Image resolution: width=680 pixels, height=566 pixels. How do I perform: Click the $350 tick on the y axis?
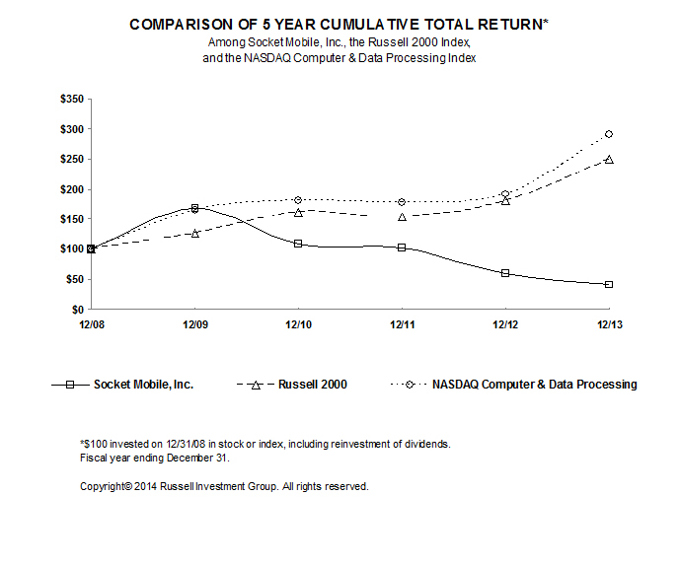click(x=73, y=99)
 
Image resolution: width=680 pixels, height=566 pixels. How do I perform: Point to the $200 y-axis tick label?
click(x=73, y=189)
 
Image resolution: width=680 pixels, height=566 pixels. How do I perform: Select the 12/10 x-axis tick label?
click(x=298, y=323)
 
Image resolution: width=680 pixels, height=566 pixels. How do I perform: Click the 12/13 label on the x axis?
click(x=609, y=323)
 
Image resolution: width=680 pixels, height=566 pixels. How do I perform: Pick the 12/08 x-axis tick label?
click(x=91, y=323)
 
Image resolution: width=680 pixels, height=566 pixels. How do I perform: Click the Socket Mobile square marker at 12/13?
click(x=609, y=284)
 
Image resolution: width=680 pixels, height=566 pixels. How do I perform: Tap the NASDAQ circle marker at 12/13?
click(x=609, y=134)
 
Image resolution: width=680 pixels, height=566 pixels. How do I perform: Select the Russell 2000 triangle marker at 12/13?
click(x=609, y=159)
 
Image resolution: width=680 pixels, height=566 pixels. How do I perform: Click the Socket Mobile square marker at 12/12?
click(x=505, y=273)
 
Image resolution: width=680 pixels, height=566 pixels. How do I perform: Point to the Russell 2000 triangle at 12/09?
click(x=195, y=234)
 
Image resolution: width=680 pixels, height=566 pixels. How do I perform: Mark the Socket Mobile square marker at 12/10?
click(x=298, y=244)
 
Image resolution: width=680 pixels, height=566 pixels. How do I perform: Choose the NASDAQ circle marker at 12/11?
click(x=402, y=202)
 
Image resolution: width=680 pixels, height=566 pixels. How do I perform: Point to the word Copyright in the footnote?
click(x=106, y=486)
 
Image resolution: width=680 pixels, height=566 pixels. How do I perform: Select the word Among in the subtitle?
click(x=225, y=43)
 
